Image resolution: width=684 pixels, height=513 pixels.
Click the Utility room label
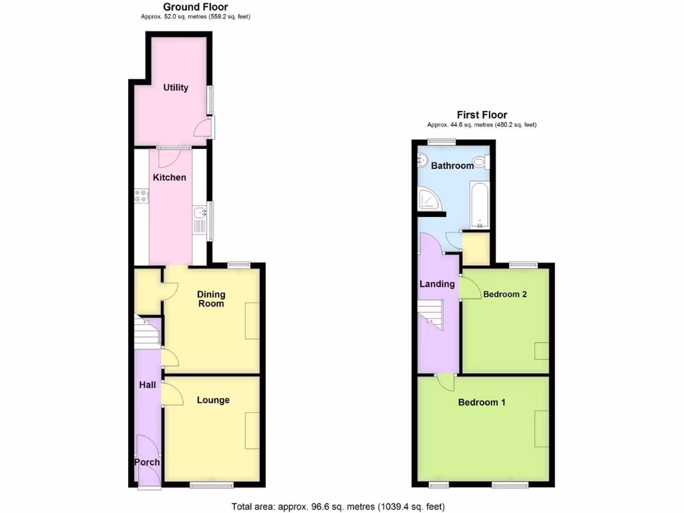coord(176,88)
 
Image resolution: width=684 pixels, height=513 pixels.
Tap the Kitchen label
coord(170,177)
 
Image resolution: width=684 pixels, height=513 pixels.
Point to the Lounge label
coord(213,400)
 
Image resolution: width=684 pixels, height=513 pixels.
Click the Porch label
coord(147,462)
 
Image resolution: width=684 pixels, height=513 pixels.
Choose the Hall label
coord(147,385)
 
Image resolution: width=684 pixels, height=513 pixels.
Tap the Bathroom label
coord(452,165)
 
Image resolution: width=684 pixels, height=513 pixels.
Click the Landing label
coord(437,284)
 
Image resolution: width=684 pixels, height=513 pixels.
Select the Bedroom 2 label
coord(506,294)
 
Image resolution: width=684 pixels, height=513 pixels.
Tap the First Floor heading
coord(482,115)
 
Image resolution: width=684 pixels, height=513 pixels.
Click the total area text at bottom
coord(338,506)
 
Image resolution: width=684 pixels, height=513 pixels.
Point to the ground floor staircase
coord(146,331)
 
